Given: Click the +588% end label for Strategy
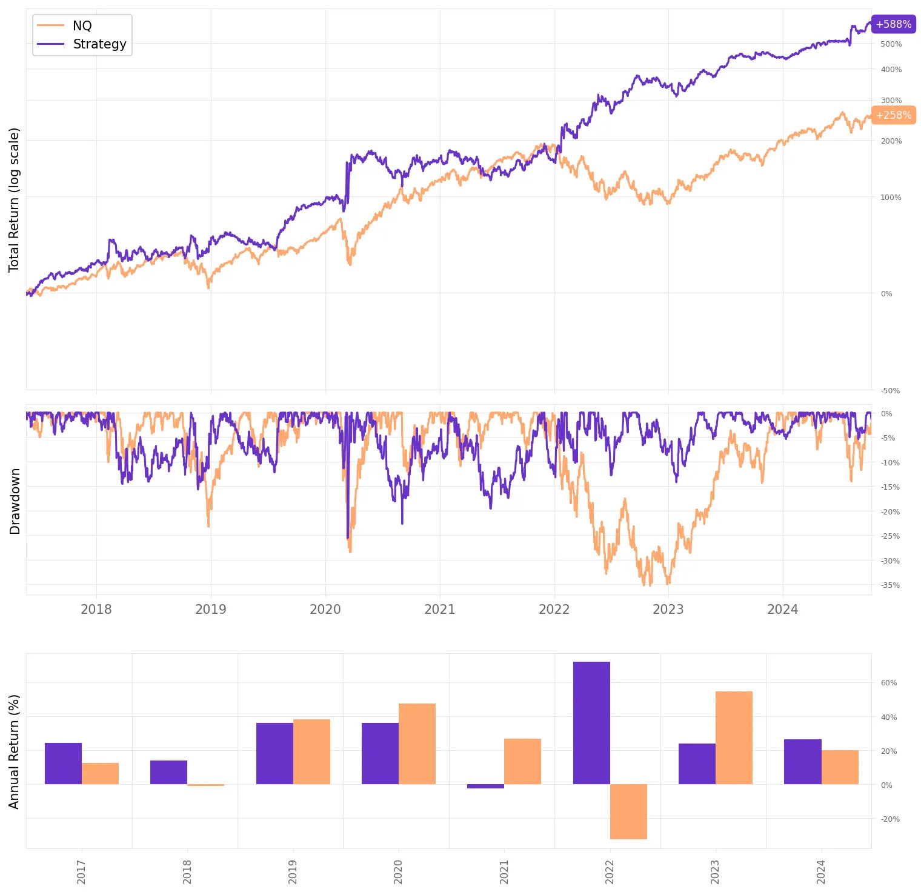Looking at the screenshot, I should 893,24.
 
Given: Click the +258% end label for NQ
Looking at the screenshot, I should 893,115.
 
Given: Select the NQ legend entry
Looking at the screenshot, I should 82,25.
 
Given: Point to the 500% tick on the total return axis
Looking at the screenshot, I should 891,44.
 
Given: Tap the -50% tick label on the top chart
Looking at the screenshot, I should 890,391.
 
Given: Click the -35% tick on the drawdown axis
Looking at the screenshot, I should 890,585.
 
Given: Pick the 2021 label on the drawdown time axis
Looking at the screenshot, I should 439,610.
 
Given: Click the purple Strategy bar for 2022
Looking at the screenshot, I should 591,723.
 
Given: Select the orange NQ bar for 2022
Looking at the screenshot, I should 628,811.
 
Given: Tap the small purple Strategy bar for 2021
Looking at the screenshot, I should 485,787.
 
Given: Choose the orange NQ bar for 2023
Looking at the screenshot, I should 734,737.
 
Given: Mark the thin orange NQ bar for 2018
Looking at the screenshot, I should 205,785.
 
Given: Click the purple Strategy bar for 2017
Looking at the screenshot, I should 63,764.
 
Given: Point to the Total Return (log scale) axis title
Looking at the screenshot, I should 14,200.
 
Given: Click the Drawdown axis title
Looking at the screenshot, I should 15,501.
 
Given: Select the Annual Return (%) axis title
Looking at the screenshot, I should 14,751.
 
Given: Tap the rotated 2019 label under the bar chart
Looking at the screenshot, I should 293,871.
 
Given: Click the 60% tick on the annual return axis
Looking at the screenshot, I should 888,683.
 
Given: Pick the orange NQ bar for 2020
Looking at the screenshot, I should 417,744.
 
